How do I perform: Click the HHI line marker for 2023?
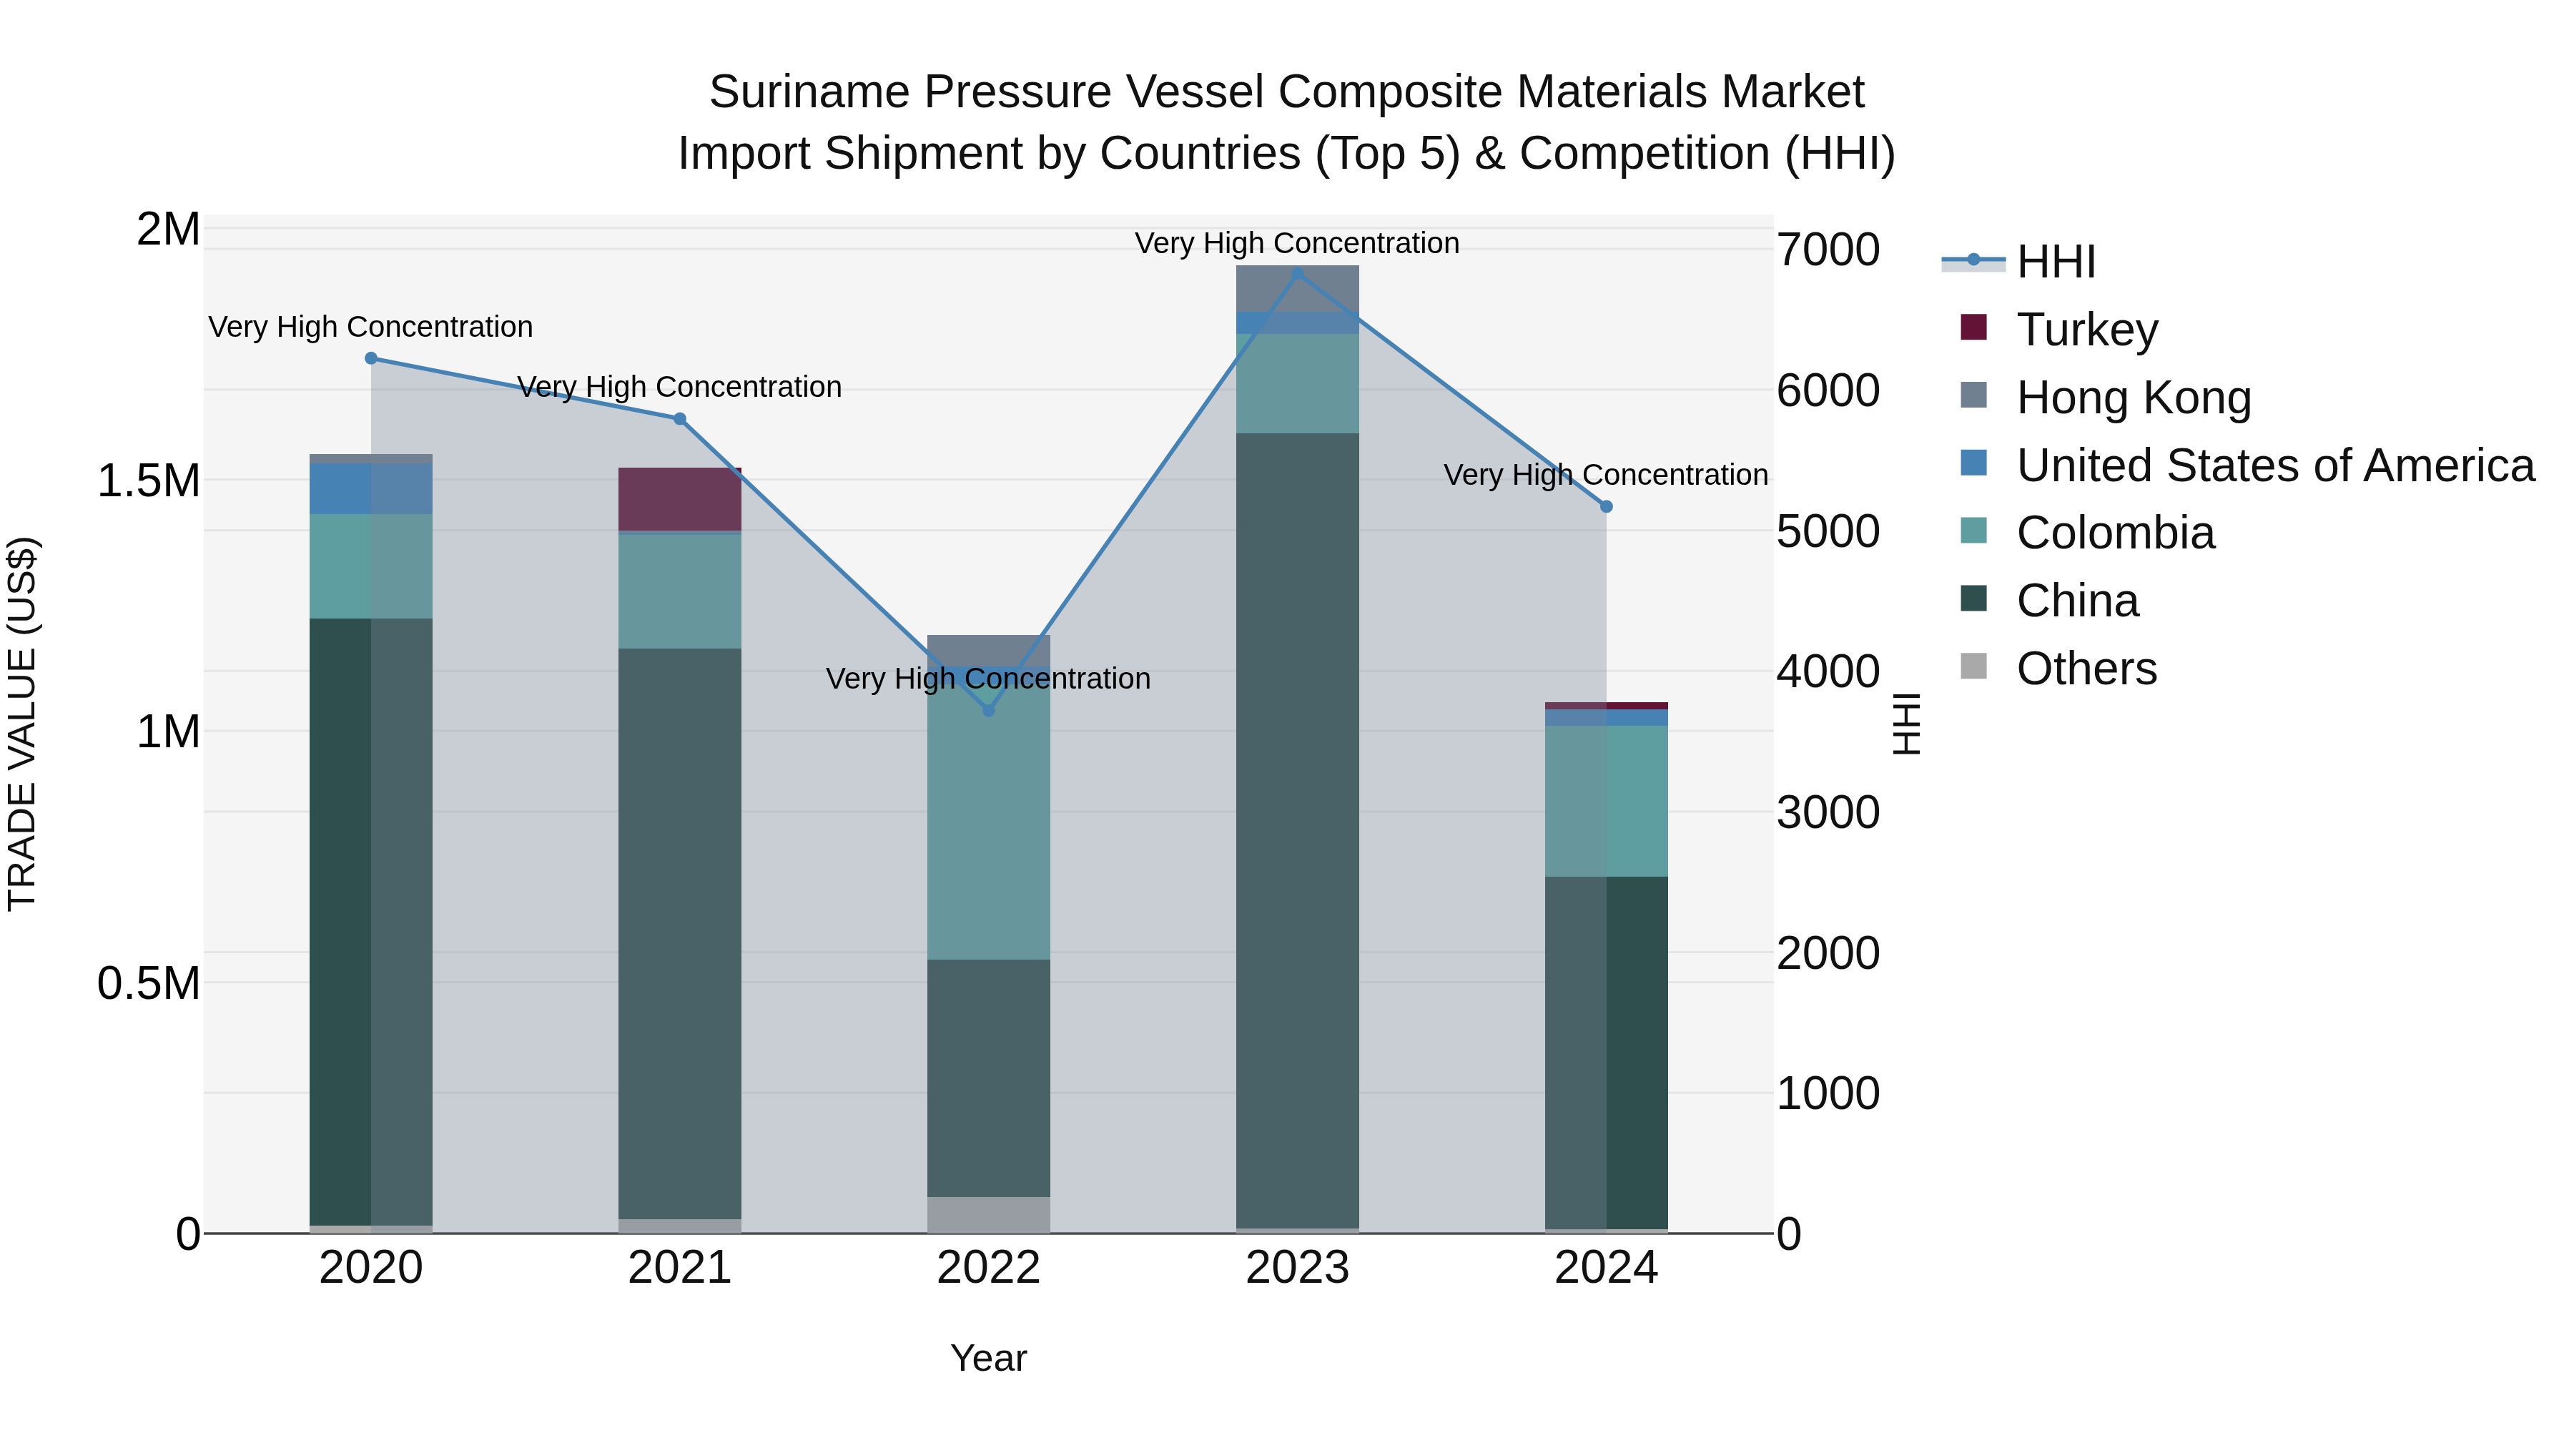(x=1297, y=273)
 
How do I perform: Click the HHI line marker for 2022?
(x=988, y=709)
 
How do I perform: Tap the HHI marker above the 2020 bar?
(x=370, y=358)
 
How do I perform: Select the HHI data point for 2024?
(x=1606, y=507)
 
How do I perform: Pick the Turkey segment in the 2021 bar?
(x=679, y=498)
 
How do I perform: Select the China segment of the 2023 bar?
(x=1297, y=829)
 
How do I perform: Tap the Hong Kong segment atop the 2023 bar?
(x=1297, y=287)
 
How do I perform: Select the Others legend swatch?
(x=1973, y=666)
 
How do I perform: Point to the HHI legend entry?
(x=2054, y=262)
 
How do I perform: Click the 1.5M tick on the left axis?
(x=148, y=481)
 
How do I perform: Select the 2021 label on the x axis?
(x=679, y=1268)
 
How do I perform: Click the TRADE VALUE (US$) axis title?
(x=22, y=724)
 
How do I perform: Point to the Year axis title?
(x=988, y=1358)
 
